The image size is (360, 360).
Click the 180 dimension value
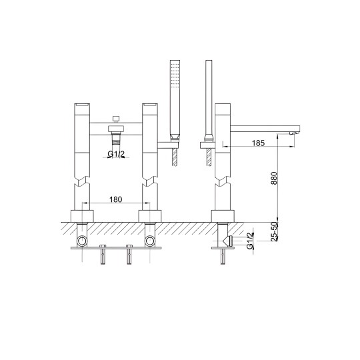point(116,199)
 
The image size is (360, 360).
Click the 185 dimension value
point(258,143)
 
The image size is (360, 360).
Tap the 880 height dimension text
point(274,178)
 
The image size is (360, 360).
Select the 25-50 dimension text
point(274,231)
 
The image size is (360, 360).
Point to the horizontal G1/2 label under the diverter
point(116,154)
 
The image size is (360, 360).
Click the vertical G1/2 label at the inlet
point(250,241)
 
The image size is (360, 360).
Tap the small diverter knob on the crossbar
point(117,119)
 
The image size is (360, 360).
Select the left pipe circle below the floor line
point(82,241)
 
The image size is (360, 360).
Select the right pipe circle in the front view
point(150,241)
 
